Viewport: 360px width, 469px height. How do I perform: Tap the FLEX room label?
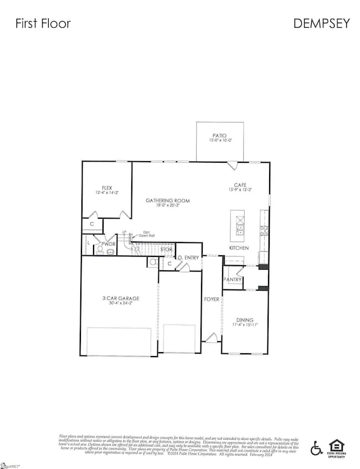107,188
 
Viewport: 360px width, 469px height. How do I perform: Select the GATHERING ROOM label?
168,200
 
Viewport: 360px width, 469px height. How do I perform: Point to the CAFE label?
240,185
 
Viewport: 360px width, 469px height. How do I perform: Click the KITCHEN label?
239,248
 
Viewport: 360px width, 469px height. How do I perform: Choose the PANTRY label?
233,280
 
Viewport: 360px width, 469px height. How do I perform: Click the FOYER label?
212,299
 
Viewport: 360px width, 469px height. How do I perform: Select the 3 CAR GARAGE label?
120,298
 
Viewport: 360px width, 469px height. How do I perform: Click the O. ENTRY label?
187,257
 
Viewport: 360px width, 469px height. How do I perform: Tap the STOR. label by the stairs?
167,250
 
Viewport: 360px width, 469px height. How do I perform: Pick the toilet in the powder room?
100,250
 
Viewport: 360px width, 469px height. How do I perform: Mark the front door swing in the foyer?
212,336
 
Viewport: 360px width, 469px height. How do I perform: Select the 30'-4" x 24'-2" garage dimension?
120,304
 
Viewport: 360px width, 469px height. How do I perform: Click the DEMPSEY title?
322,23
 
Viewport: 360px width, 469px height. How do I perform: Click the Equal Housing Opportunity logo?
336,447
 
